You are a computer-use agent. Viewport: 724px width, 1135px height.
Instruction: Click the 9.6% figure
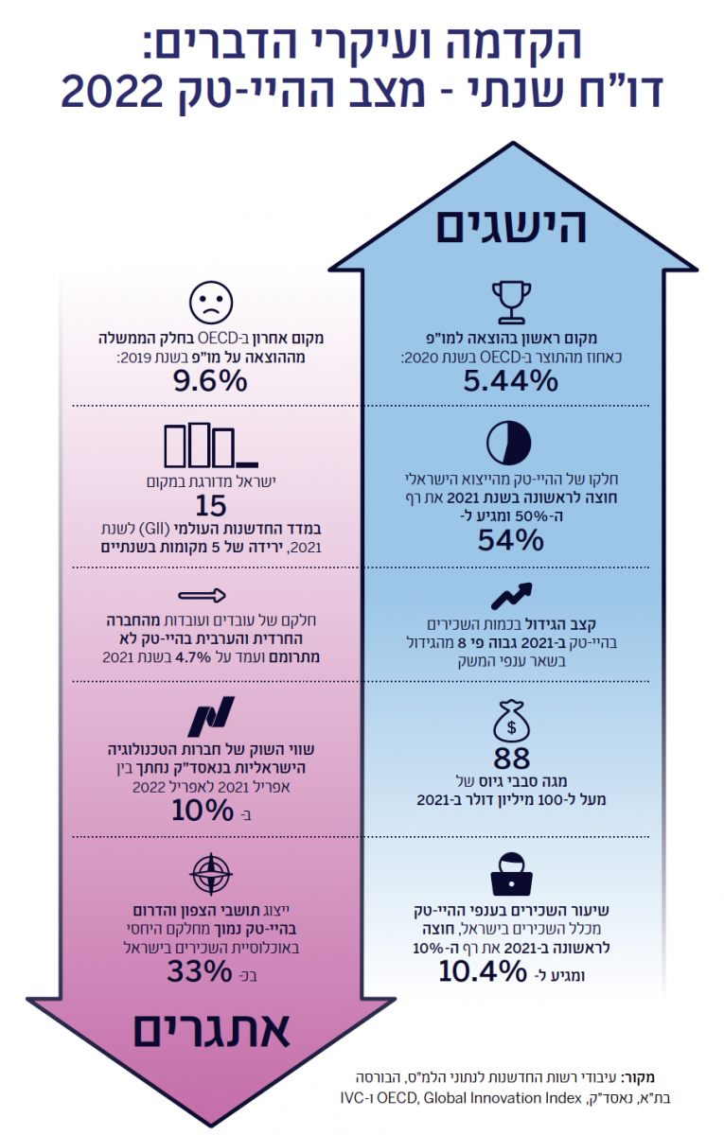210,381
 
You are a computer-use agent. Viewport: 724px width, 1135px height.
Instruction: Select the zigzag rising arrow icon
511,597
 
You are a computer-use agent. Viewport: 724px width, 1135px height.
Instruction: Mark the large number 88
511,758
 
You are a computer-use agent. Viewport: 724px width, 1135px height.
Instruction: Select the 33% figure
200,971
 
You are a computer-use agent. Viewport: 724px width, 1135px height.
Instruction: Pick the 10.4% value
481,971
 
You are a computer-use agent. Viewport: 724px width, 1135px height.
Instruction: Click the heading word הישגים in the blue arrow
511,226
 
